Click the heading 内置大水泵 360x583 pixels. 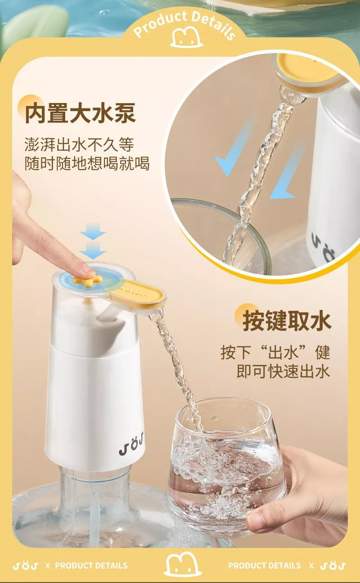(81, 113)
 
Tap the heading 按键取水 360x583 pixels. (287, 321)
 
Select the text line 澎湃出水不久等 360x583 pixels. (79, 144)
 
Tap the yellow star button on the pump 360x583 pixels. (87, 280)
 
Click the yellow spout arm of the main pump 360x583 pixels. (137, 297)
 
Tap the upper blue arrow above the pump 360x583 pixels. (93, 231)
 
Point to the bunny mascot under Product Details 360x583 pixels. (187, 37)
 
